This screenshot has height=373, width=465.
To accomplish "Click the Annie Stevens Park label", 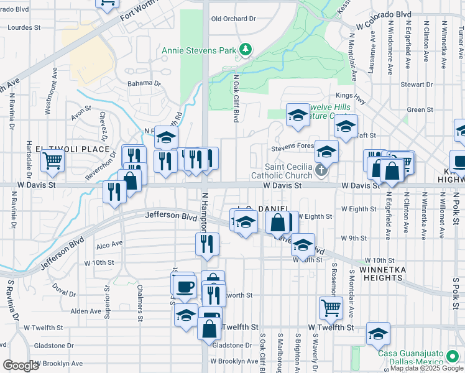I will click(200, 50).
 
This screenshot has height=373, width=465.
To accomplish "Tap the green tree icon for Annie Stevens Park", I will click(246, 48).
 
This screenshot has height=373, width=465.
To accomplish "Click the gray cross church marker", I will click(321, 170).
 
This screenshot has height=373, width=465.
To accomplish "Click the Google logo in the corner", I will click(21, 366).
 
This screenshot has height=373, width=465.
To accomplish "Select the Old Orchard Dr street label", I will click(234, 19).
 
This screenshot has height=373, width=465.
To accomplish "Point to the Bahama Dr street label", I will click(144, 83).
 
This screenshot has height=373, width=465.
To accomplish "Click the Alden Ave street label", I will click(86, 311).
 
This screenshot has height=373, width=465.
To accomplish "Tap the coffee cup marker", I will click(183, 286).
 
